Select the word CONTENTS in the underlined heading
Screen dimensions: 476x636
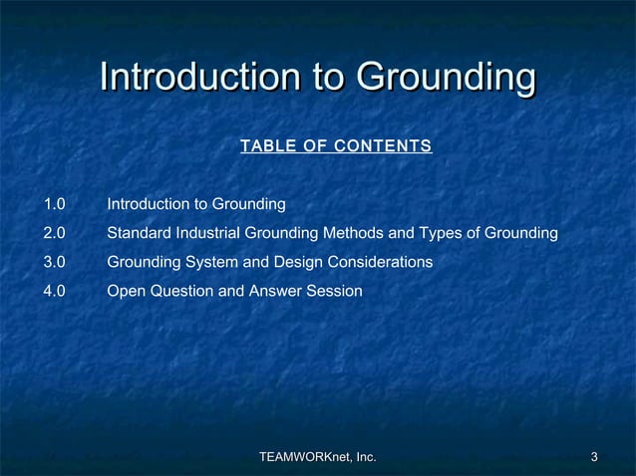(384, 147)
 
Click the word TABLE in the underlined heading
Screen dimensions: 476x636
(262, 147)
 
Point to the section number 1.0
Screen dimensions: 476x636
(54, 204)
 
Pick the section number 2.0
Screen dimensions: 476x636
(54, 233)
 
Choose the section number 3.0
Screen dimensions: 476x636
(54, 262)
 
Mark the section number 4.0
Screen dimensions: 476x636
(54, 291)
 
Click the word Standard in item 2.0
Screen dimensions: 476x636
(137, 233)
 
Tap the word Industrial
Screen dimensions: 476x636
(203, 233)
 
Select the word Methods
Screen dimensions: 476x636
(360, 233)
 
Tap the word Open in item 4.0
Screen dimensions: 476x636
(125, 291)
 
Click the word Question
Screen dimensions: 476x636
(178, 291)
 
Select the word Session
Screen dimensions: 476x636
(336, 291)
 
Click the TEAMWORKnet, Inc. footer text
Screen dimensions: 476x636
(317, 457)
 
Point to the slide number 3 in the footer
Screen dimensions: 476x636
(594, 457)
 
